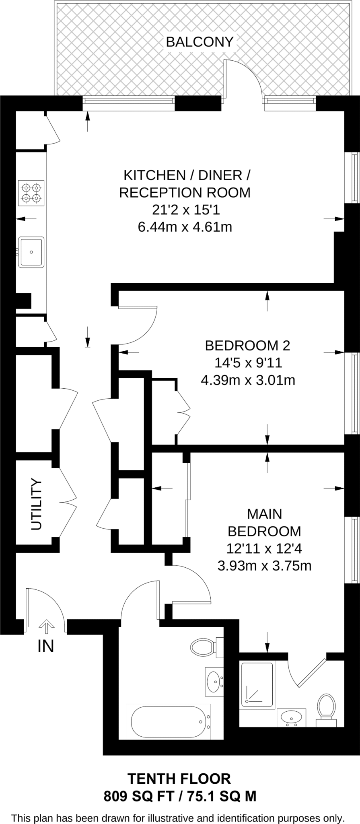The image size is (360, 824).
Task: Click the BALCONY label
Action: coord(200,42)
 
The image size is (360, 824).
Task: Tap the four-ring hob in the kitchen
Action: coord(31,192)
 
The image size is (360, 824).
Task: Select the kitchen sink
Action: coord(31,252)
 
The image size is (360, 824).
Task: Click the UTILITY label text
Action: coord(36,504)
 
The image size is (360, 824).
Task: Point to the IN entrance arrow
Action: coord(46,626)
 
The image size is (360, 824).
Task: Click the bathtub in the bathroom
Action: coord(169,721)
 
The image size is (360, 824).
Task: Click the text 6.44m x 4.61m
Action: coord(185,227)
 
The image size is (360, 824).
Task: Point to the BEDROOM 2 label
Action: coord(247,345)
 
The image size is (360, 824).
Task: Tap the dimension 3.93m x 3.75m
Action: coord(264,566)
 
